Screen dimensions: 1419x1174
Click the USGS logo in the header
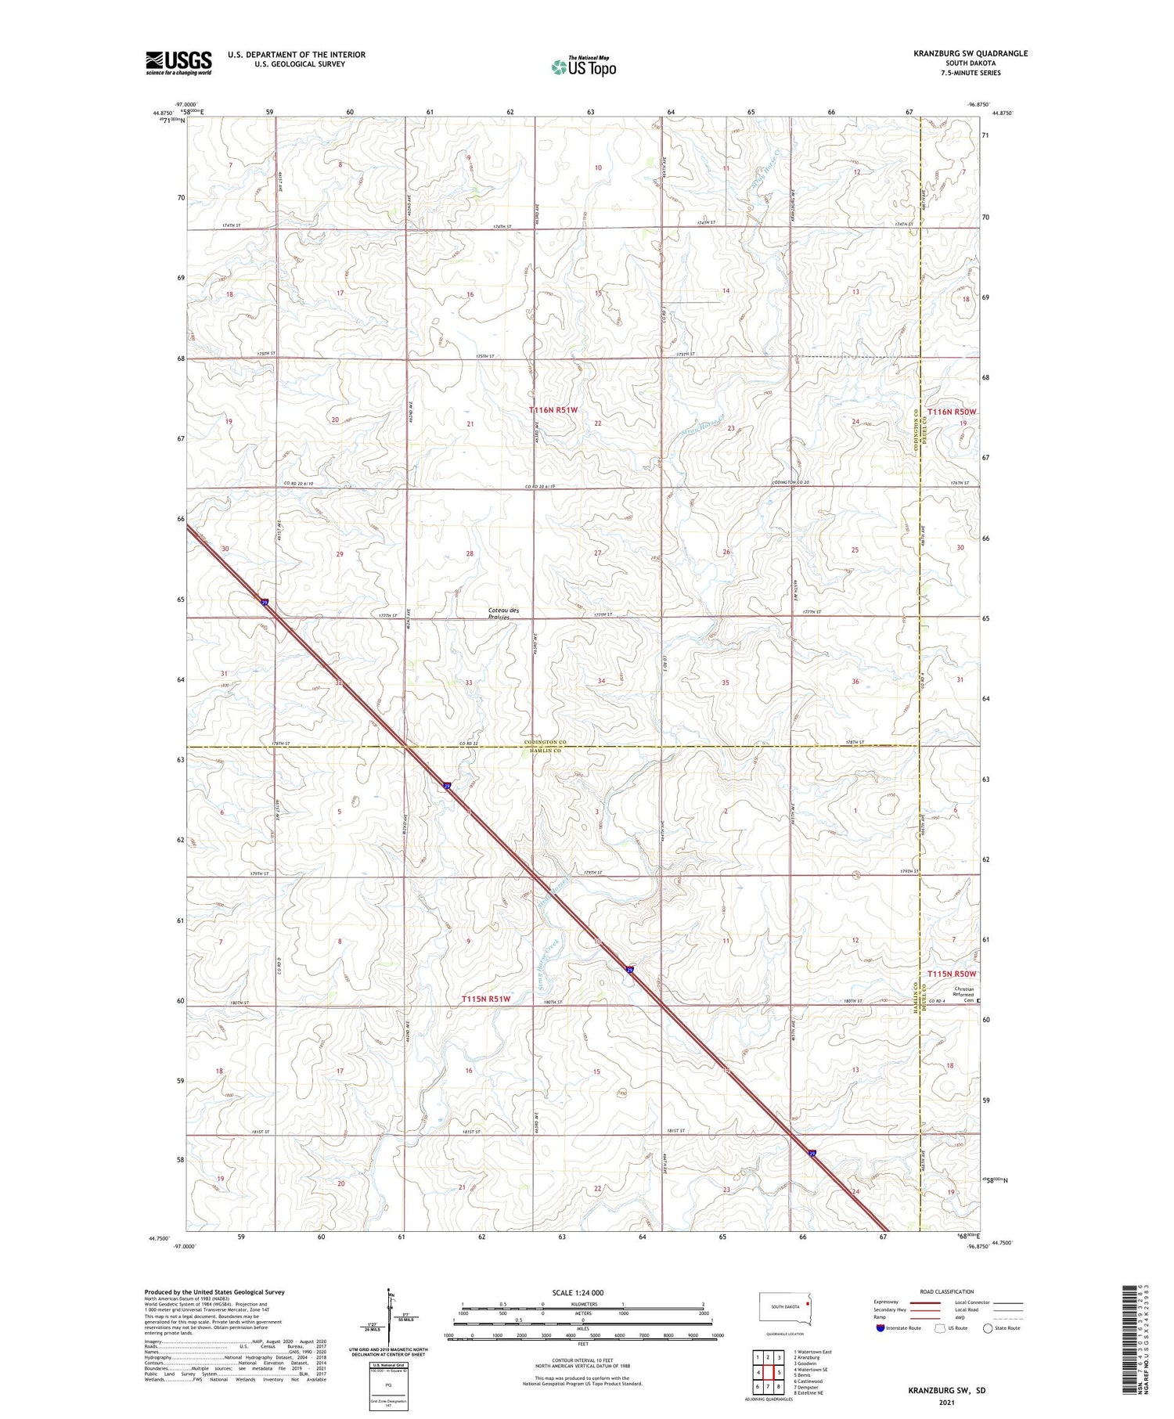click(x=178, y=63)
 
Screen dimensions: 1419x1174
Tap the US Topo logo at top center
click(x=584, y=67)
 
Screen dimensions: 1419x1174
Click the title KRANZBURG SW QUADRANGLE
click(x=970, y=53)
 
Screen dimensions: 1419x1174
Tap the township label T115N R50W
click(x=952, y=974)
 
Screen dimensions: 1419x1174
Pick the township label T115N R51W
click(x=485, y=999)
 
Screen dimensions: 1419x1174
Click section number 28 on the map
click(x=470, y=553)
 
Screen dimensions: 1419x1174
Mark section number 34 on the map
click(x=601, y=681)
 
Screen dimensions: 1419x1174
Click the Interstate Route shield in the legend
click(x=880, y=1328)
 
